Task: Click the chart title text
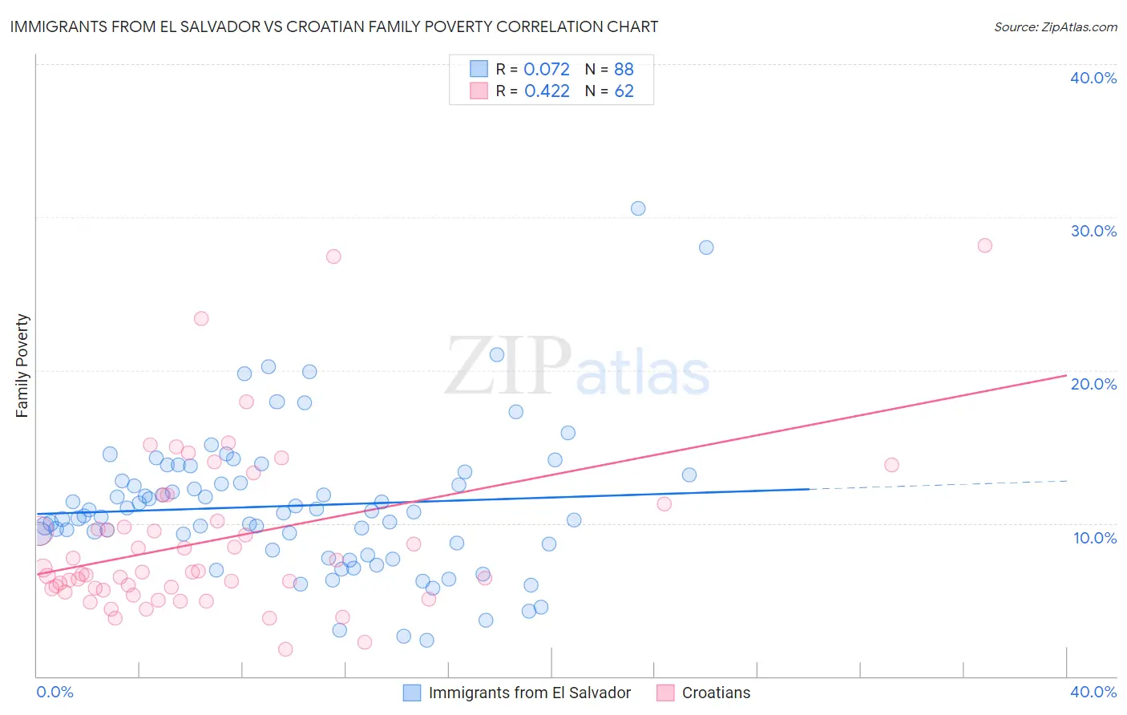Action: coord(333,26)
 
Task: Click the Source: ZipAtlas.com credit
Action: coord(1055,26)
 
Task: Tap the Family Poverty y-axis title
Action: coord(22,366)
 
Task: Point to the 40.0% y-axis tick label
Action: coord(1093,78)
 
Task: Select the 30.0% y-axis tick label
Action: coord(1093,231)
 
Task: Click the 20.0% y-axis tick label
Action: coord(1093,384)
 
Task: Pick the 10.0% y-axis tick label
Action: coord(1094,538)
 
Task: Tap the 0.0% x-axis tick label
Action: coord(55,692)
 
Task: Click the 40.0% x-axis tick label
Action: coord(1093,692)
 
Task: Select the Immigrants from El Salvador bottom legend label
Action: coord(529,693)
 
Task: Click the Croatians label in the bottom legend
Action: coord(716,693)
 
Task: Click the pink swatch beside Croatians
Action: coord(665,693)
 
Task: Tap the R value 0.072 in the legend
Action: coord(547,70)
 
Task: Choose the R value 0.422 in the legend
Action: coord(547,91)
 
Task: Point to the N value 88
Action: coord(624,70)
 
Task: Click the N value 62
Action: coord(624,91)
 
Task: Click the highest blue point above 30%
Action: coord(638,208)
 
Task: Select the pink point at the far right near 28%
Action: coord(985,245)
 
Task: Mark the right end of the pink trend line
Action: coord(1067,375)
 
